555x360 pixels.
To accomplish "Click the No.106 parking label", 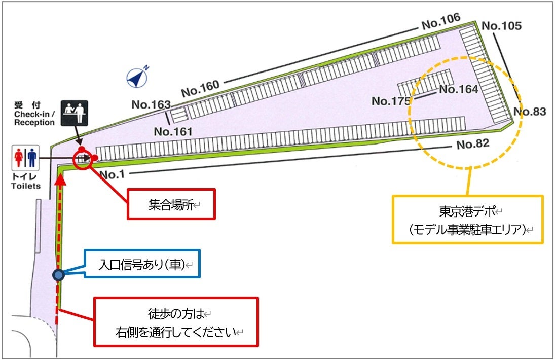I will (440, 21).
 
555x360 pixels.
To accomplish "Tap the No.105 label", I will (501, 26).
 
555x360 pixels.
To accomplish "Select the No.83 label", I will (530, 112).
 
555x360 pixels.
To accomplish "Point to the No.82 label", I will (472, 144).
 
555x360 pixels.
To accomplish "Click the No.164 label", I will (458, 90).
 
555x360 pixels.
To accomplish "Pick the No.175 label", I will (391, 101).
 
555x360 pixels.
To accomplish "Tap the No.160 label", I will (200, 89).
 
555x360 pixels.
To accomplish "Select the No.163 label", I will (151, 104).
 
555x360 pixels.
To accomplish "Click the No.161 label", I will (173, 132).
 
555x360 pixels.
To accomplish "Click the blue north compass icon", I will (137, 76).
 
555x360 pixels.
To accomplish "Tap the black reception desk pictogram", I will (75, 113).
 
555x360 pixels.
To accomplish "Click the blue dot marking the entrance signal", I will (59, 275).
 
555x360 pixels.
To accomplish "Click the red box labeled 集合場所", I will (171, 204).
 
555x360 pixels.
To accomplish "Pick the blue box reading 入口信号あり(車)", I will (141, 264).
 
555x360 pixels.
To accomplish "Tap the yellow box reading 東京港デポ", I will (467, 220).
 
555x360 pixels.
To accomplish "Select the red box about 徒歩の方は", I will (176, 322).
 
